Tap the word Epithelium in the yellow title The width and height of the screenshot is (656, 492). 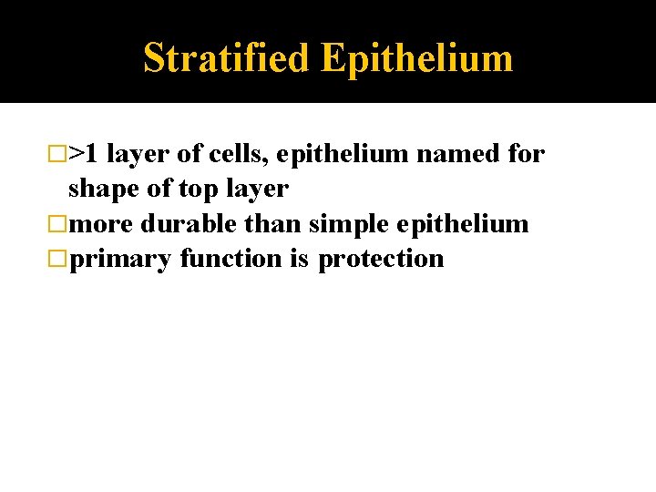(x=416, y=58)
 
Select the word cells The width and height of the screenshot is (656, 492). (x=236, y=154)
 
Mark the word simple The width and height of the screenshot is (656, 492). (x=350, y=223)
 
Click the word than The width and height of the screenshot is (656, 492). (x=273, y=223)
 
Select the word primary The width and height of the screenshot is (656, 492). (x=120, y=259)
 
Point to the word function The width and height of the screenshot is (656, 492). (x=231, y=259)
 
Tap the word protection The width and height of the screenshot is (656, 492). (x=381, y=259)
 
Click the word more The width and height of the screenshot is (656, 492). (x=101, y=223)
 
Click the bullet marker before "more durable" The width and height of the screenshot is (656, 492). (x=60, y=224)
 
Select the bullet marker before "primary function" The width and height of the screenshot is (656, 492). (x=60, y=259)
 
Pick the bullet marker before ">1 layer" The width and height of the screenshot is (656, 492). (x=60, y=155)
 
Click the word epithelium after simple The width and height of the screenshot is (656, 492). (x=463, y=223)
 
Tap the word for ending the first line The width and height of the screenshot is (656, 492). (x=527, y=154)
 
